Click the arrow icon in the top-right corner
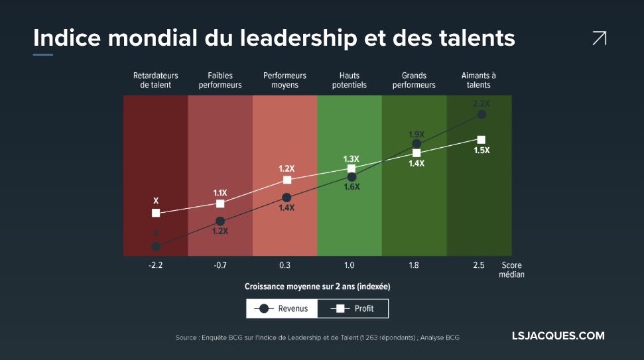(x=599, y=38)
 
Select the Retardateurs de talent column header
(x=156, y=80)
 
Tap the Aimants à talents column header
(x=478, y=80)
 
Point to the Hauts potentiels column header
(x=349, y=80)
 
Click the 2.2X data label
(x=481, y=103)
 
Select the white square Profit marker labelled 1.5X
(x=481, y=139)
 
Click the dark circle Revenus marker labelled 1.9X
(x=417, y=143)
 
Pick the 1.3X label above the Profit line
(x=351, y=159)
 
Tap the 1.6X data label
(x=351, y=187)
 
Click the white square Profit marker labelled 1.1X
(x=220, y=203)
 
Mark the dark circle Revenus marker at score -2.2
(x=156, y=246)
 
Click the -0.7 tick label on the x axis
(x=220, y=265)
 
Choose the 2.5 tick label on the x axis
(x=478, y=265)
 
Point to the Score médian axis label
(x=511, y=270)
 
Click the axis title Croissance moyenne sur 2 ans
(x=317, y=286)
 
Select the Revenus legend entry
(x=282, y=308)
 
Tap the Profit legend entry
(x=353, y=308)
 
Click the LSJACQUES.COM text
(x=558, y=336)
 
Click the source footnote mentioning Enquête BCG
(x=317, y=337)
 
